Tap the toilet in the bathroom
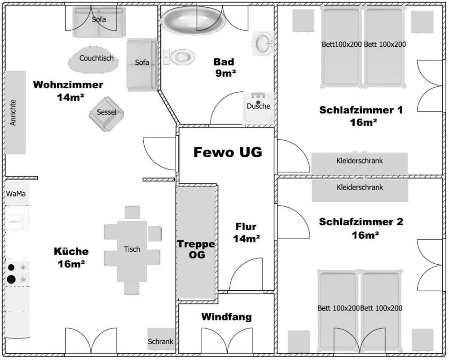coord(179,57)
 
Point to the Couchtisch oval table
coord(93,59)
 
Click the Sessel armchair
coord(106,114)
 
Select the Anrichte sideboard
coord(15,112)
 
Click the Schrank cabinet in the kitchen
coord(161,339)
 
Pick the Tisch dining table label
coord(132,249)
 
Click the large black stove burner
coord(11,279)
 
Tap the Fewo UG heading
coord(228,152)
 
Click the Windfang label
coord(226,317)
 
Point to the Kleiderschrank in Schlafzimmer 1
coord(359,164)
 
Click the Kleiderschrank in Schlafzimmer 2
coord(360,190)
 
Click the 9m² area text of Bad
coord(226,74)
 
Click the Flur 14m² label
coord(246,232)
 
